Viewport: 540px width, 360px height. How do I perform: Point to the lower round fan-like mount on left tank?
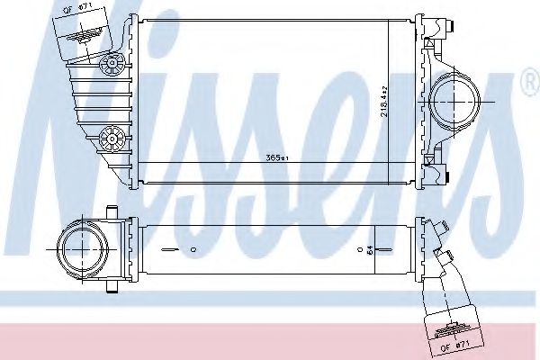point(113,136)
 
